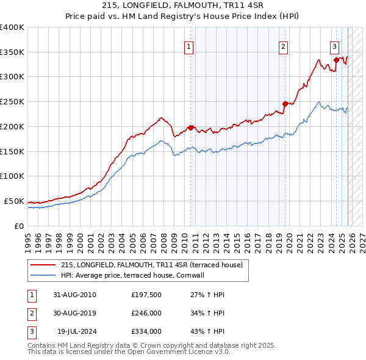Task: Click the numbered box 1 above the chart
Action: pos(189,46)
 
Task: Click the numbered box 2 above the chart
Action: pos(284,46)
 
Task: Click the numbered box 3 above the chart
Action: pos(335,46)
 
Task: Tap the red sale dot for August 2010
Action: pos(190,128)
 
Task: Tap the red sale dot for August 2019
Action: pos(285,103)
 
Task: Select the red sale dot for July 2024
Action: pos(336,59)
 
